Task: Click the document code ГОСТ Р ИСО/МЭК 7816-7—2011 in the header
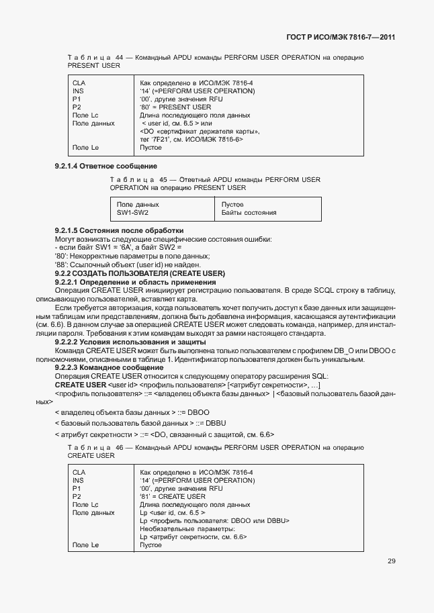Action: coord(337,38)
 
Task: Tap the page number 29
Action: coord(391,561)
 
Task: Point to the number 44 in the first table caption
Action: coord(120,58)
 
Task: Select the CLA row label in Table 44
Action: coord(78,83)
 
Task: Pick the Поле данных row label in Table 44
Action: coord(93,124)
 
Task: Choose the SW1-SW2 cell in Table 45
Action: coord(132,212)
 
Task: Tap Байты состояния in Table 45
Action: coord(249,212)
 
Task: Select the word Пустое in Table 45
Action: coord(232,204)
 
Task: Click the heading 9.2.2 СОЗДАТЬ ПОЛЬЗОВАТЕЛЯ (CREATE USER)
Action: coord(139,273)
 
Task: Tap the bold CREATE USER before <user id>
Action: coord(80,385)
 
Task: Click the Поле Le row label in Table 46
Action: coord(85,545)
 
